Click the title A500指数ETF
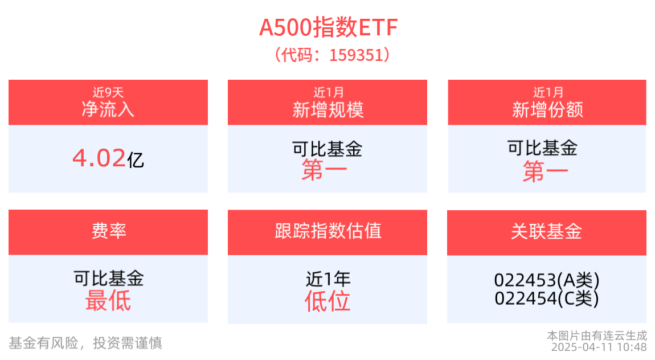pyautogui.click(x=327, y=27)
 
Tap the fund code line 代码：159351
pyautogui.click(x=327, y=55)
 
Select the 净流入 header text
pyautogui.click(x=108, y=109)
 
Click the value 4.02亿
pyautogui.click(x=108, y=158)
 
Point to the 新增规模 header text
pyautogui.click(x=327, y=109)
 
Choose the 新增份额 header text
pyautogui.click(x=547, y=109)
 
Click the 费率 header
pyautogui.click(x=108, y=231)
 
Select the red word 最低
pyautogui.click(x=108, y=300)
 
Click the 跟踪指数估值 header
pyautogui.click(x=327, y=231)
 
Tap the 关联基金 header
pyautogui.click(x=547, y=231)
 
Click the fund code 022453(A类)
pyautogui.click(x=547, y=280)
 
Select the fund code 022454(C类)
pyautogui.click(x=547, y=298)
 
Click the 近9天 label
pyautogui.click(x=108, y=92)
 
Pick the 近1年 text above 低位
pyautogui.click(x=328, y=279)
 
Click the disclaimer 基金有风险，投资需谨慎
pyautogui.click(x=85, y=342)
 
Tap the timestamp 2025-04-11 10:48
pyautogui.click(x=599, y=347)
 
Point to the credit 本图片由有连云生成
pyautogui.click(x=597, y=335)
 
